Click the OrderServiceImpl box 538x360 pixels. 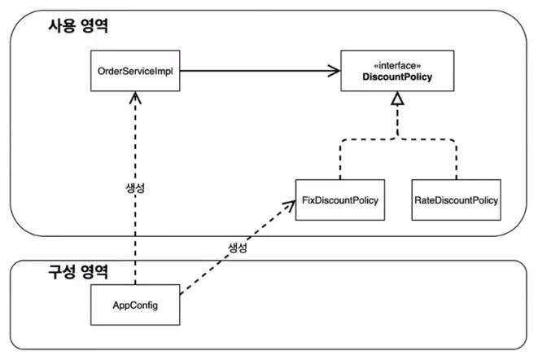coord(134,72)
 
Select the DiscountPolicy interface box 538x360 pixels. coord(397,72)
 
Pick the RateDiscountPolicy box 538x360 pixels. coord(455,200)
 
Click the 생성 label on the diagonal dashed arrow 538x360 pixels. coord(234,247)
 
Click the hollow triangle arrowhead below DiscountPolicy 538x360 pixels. coord(396,100)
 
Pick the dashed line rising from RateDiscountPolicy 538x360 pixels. coord(456,159)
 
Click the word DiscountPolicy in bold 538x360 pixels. coord(397,78)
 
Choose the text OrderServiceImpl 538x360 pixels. coord(134,72)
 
